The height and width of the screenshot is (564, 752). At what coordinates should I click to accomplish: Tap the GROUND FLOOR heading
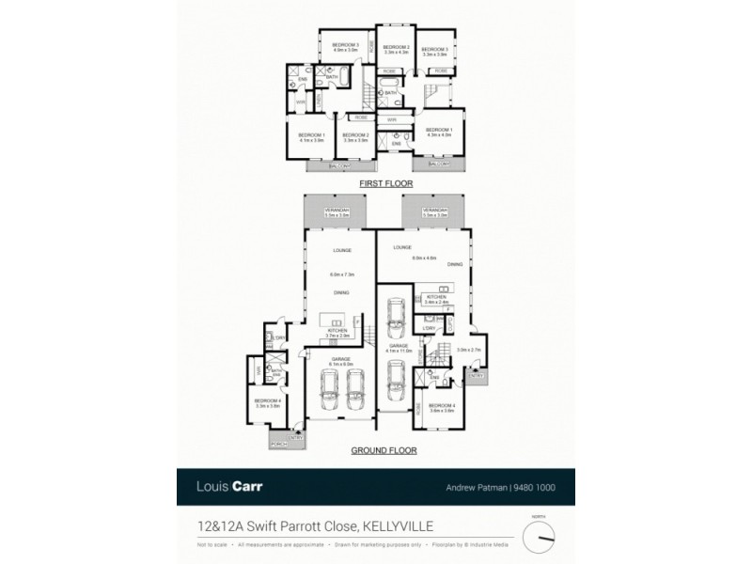[384, 450]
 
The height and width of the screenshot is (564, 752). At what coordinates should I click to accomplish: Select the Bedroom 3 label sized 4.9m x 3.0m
[340, 47]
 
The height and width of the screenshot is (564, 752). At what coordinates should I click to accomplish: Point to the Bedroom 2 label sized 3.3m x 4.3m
[396, 50]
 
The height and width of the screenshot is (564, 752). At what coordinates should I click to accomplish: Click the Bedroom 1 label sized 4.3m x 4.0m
[439, 133]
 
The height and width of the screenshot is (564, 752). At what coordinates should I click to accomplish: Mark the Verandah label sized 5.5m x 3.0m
[435, 212]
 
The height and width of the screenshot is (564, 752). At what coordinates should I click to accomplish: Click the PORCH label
[278, 442]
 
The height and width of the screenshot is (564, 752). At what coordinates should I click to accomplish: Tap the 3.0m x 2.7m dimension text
[467, 350]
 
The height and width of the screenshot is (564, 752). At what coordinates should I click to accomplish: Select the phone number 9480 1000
[549, 489]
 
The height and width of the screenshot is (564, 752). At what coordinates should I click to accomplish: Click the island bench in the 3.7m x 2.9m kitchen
[337, 318]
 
